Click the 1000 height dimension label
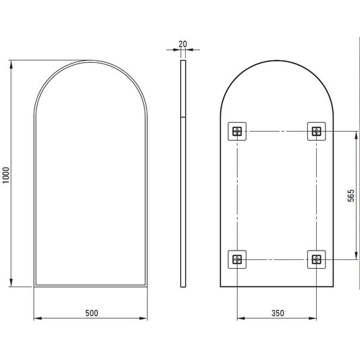[6, 175]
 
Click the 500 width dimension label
[92, 313]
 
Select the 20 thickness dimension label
[183, 44]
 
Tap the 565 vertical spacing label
[351, 195]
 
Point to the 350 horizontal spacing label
[278, 313]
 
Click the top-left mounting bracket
[237, 131]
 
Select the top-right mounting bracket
[316, 131]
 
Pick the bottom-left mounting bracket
[237, 259]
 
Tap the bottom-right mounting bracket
[316, 259]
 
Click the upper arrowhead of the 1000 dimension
[11, 65]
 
